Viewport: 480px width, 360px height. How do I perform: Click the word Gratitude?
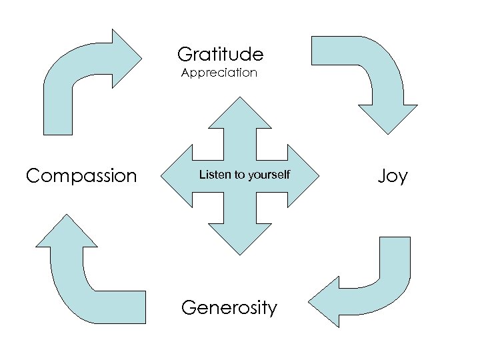click(x=220, y=54)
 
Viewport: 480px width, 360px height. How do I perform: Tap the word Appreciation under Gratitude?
click(x=219, y=73)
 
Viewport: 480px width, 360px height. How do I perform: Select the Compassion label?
click(x=81, y=176)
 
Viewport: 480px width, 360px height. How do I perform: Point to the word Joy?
click(x=392, y=176)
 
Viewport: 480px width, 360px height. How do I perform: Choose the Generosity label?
click(x=229, y=308)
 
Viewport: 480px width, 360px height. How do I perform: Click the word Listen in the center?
click(x=215, y=175)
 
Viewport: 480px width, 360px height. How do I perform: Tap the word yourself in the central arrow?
click(x=269, y=175)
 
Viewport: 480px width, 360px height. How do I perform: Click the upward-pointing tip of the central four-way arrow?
click(x=239, y=102)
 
